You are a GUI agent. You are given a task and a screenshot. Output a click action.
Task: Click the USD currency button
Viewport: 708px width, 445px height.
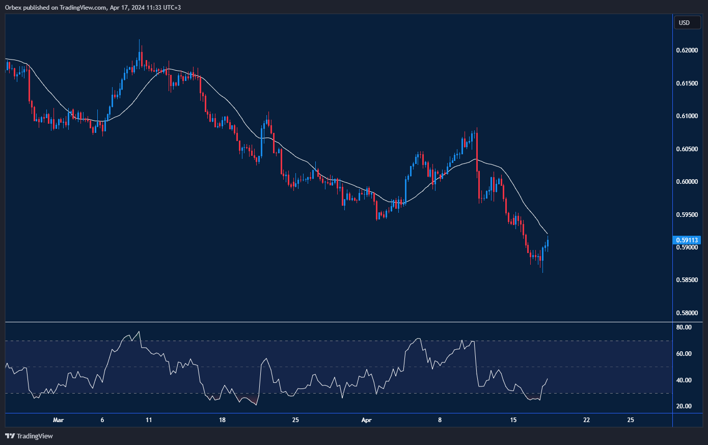pos(685,22)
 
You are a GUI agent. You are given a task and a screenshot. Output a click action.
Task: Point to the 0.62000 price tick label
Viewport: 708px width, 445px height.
pos(687,50)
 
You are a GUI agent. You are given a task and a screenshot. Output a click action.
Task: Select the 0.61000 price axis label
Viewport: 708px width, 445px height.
pos(687,116)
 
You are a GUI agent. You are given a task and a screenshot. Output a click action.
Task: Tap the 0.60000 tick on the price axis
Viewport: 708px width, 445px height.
pos(687,182)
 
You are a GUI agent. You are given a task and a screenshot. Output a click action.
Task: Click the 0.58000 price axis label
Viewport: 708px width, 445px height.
pos(687,313)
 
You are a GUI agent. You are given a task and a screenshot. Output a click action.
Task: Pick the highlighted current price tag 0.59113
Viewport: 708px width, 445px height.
pos(687,240)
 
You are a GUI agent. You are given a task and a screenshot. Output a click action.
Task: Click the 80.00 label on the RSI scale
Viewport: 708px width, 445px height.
pos(684,327)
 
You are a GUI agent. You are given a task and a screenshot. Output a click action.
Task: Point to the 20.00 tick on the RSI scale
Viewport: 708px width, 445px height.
pos(684,406)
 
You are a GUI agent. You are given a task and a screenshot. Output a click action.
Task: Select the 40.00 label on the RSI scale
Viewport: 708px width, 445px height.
pos(684,380)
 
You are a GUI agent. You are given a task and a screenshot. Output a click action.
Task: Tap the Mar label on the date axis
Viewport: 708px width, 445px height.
pos(59,420)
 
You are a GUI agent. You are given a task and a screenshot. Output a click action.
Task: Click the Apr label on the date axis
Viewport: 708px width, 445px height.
pos(366,420)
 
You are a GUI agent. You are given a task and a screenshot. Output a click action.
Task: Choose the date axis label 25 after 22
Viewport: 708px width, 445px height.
pos(631,420)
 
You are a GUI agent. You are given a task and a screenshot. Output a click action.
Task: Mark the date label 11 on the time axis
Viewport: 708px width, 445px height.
pos(148,420)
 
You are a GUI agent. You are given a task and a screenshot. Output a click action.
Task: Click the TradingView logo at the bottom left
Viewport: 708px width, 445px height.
pos(29,436)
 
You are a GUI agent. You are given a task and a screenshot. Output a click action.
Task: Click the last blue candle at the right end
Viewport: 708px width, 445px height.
pos(548,243)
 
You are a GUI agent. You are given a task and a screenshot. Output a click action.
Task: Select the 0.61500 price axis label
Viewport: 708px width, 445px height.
pos(687,84)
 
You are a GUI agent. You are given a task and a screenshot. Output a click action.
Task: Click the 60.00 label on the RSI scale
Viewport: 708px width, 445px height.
pos(684,354)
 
